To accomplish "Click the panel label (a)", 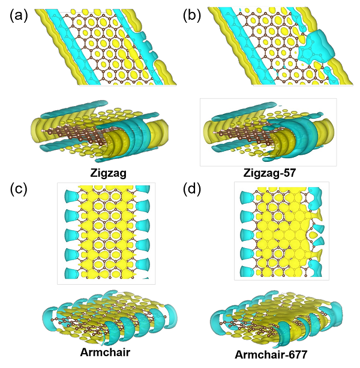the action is [19, 16].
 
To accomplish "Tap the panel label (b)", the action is [192, 16].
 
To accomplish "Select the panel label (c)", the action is [19, 189].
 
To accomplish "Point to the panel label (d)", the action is [192, 189].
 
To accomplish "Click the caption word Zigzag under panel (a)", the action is [109, 173].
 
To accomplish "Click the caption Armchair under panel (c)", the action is [105, 352].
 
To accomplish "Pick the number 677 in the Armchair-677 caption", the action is [296, 354].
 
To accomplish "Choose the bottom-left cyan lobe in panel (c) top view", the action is [72, 273].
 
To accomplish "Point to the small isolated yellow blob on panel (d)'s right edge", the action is [313, 235].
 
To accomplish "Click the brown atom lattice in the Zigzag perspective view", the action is [75, 135].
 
